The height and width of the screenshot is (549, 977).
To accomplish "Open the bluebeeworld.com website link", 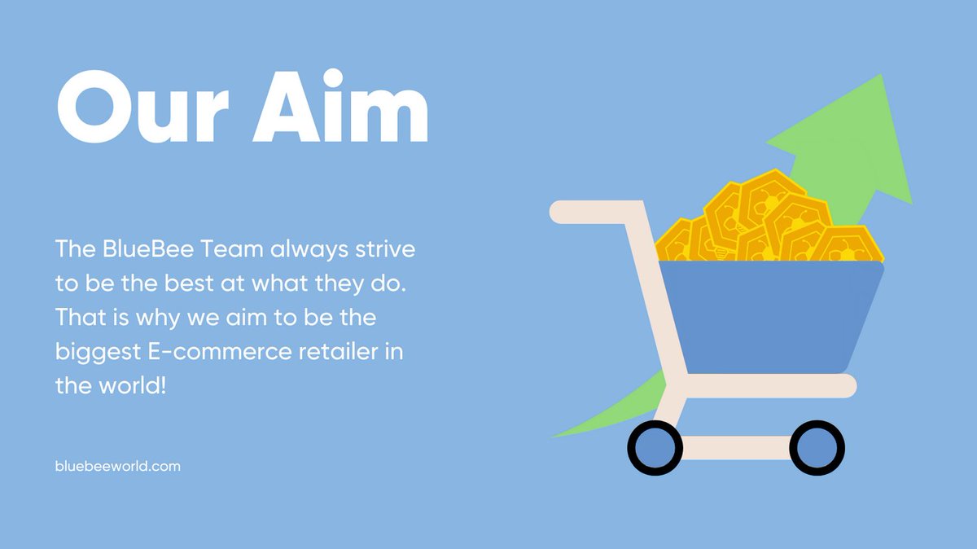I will click(118, 467).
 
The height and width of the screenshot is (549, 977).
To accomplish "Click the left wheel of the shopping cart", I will click(655, 448).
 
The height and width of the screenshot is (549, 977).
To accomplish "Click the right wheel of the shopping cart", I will click(817, 448).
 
